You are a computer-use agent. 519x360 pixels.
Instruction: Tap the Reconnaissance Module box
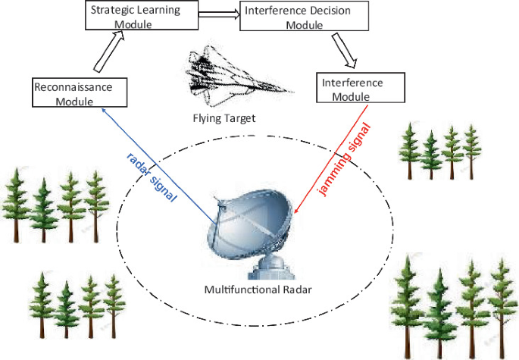[x=73, y=93]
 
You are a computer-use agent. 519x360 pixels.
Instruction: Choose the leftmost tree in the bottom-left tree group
[x=42, y=307]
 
